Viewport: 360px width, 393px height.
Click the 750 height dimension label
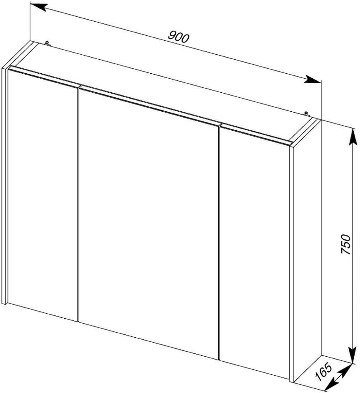click(346, 244)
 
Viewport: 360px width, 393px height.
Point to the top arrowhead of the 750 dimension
click(352, 137)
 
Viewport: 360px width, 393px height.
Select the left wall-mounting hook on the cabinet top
click(47, 44)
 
